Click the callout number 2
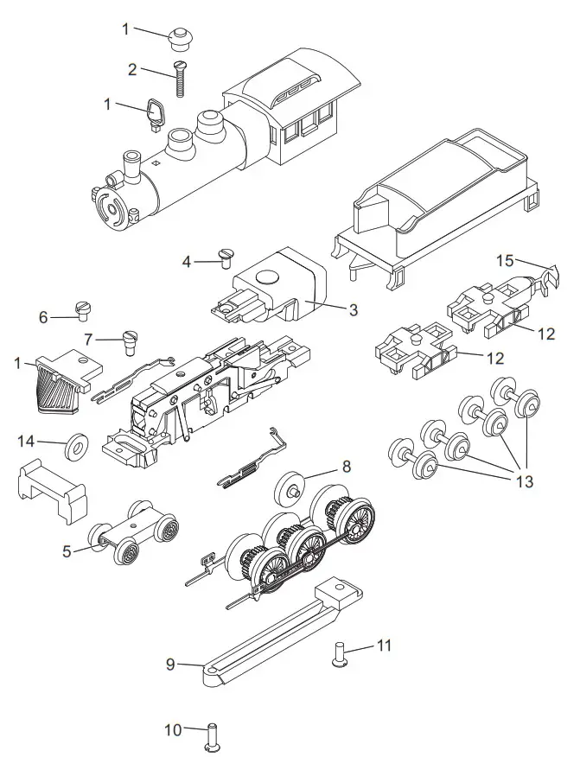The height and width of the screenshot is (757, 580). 132,70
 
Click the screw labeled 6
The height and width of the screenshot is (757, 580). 82,309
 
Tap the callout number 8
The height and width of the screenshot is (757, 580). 347,466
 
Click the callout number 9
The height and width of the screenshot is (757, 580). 171,664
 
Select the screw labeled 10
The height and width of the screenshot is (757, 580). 210,735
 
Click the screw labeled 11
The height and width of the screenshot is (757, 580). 338,655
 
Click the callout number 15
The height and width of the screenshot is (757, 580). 505,261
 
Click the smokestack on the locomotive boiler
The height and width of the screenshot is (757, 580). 131,162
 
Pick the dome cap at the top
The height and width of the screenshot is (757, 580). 180,37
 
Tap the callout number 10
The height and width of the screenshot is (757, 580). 174,730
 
